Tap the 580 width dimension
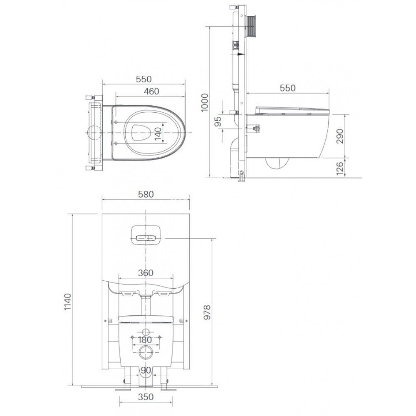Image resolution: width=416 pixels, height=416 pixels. pyautogui.click(x=146, y=194)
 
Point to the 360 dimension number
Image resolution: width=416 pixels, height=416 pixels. pyautogui.click(x=146, y=273)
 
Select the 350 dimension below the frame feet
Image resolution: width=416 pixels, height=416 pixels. pyautogui.click(x=146, y=397)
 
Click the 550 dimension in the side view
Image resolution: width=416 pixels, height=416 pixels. pyautogui.click(x=287, y=88)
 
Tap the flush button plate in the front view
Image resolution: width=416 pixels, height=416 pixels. pyautogui.click(x=146, y=236)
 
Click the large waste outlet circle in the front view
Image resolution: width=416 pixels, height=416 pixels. pyautogui.click(x=146, y=352)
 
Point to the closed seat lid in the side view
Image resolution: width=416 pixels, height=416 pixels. pyautogui.click(x=291, y=109)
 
